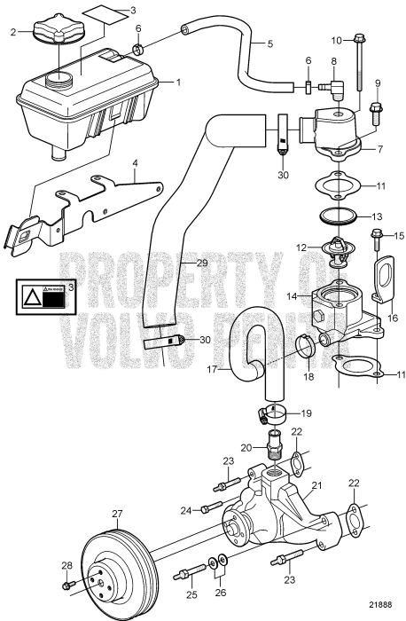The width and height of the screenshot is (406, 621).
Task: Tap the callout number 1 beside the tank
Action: coord(178,82)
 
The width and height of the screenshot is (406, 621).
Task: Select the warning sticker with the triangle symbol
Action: coord(44,295)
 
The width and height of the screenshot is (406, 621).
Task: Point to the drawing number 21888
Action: coord(379,605)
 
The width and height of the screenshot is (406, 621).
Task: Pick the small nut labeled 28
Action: coord(68,586)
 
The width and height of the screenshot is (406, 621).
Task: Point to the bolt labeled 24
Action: coord(210,508)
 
